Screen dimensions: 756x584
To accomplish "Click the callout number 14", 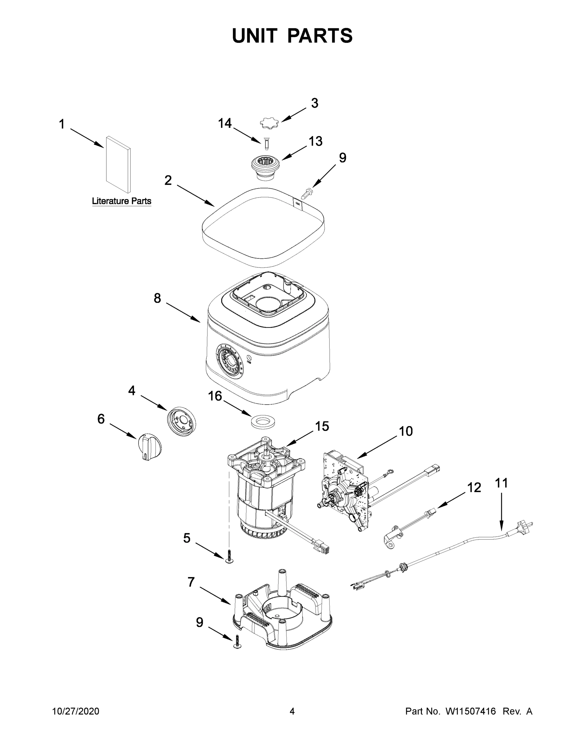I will [225, 123].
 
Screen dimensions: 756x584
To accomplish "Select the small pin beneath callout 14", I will [266, 144].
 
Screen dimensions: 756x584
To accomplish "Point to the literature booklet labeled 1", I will [118, 164].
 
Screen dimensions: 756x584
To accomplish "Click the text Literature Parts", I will [122, 201].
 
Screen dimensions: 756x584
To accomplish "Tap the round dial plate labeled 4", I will [181, 421].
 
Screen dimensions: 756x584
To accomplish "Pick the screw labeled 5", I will [229, 555].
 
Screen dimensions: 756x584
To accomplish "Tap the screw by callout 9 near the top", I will [307, 192].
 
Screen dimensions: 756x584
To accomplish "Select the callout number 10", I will [406, 431].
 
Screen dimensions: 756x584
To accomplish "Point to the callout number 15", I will [322, 426].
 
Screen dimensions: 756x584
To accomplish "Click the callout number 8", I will [157, 298].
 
